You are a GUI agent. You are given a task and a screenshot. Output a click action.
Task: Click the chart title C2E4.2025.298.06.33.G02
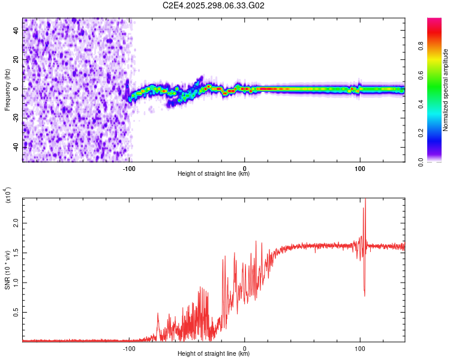(x=214, y=5)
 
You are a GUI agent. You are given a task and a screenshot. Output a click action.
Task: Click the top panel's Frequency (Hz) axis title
(x=7, y=90)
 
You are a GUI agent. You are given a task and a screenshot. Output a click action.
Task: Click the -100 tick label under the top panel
(x=129, y=169)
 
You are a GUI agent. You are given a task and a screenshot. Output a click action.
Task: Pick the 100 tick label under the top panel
(x=360, y=169)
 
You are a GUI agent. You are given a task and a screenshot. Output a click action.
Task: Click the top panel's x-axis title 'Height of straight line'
(x=214, y=175)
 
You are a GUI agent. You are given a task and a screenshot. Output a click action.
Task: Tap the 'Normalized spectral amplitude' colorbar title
(x=446, y=90)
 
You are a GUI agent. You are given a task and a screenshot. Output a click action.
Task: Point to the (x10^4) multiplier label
(x=8, y=195)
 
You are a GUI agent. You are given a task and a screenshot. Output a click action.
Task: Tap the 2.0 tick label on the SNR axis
(x=16, y=223)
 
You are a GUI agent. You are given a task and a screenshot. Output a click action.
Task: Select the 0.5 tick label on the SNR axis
(x=16, y=312)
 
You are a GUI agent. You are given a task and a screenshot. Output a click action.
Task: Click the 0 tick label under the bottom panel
(x=245, y=348)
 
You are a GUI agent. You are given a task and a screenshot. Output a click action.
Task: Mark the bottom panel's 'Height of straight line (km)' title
(x=214, y=354)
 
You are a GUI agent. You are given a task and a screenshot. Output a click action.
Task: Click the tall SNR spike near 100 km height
(x=364, y=210)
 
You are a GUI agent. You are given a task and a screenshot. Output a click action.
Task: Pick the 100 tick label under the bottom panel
(x=360, y=348)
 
